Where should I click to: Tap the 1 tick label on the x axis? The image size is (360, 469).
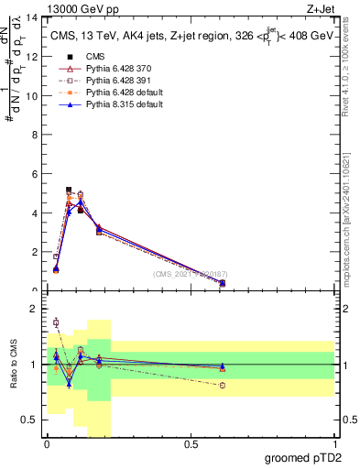[333, 446]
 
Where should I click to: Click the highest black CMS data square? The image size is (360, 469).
[69, 190]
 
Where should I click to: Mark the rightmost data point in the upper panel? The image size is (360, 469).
[223, 283]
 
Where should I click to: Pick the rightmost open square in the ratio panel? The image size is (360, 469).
[223, 385]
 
